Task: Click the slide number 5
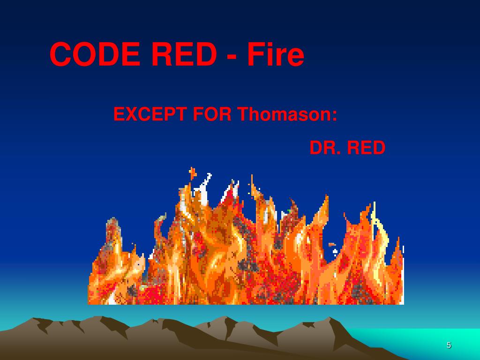click(x=449, y=345)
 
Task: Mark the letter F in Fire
click(x=255, y=55)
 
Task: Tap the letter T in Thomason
click(x=242, y=114)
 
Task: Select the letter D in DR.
click(x=315, y=148)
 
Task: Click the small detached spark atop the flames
click(x=192, y=172)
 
